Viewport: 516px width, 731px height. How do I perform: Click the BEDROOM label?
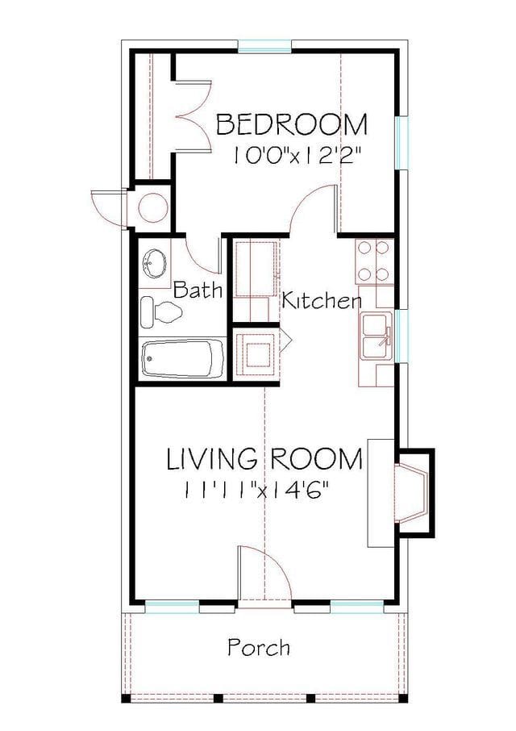click(292, 125)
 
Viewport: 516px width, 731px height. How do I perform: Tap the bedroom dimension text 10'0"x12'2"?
click(302, 156)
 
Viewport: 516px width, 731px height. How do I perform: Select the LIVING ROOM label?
click(264, 459)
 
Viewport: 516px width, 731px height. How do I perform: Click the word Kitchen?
click(320, 302)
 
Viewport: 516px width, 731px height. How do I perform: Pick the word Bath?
click(198, 290)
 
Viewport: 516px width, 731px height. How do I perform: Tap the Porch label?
click(259, 647)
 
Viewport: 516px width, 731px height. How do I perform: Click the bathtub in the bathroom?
click(183, 357)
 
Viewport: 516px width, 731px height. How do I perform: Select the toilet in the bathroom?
click(158, 311)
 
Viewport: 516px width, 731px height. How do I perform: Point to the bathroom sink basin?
click(154, 263)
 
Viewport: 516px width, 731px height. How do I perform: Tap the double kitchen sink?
click(377, 335)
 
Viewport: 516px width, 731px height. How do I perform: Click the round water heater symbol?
click(152, 207)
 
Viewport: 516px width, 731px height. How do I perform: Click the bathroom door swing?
click(201, 255)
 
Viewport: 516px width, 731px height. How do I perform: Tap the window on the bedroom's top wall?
click(264, 47)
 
